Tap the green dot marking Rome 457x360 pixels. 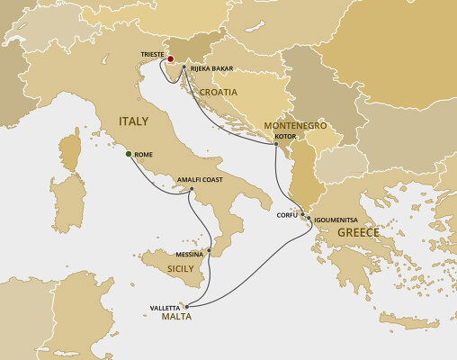point(129,154)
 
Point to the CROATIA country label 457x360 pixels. point(219,92)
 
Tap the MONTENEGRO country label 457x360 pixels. point(295,127)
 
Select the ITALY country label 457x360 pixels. point(135,122)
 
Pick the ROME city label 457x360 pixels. point(143,155)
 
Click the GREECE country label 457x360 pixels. point(358,233)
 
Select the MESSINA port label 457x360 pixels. point(191,255)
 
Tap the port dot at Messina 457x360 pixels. point(209,250)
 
